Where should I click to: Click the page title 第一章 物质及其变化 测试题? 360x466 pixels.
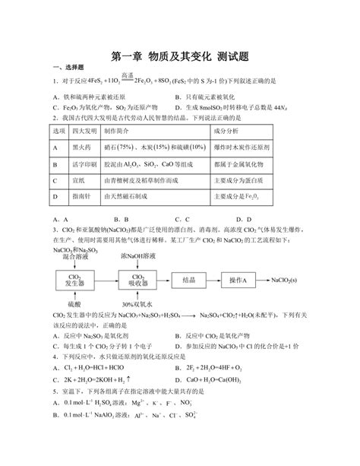coord(180,55)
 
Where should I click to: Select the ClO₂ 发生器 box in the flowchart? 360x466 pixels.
coord(75,280)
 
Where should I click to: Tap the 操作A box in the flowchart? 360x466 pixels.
coord(238,280)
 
